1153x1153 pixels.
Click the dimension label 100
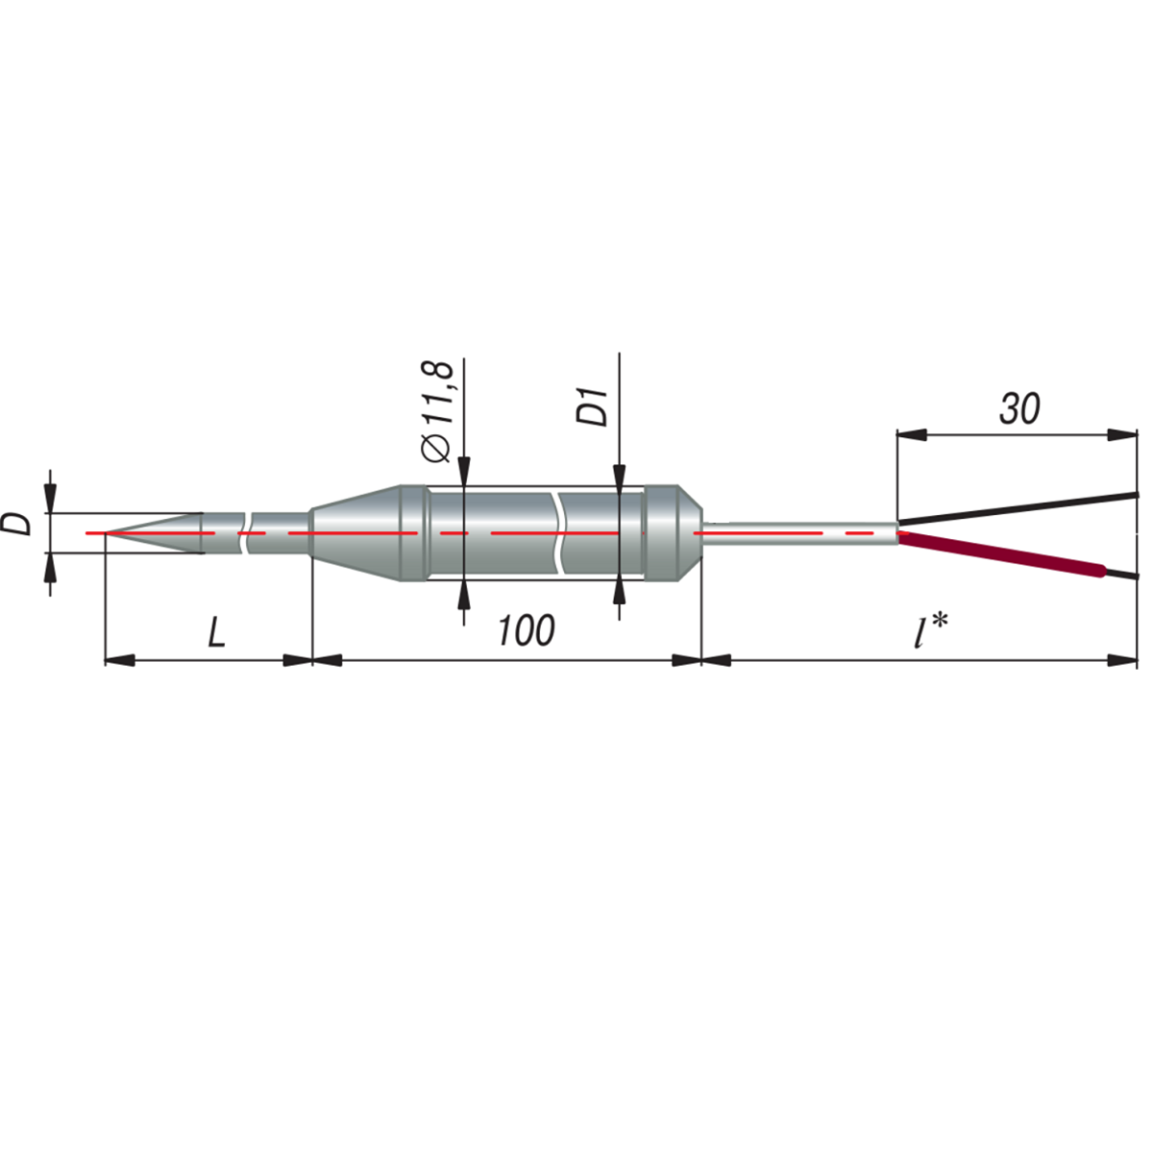[x=527, y=630]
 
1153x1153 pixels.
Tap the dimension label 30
[x=1019, y=409]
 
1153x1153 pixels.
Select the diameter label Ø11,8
[x=438, y=411]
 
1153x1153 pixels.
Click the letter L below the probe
[x=216, y=632]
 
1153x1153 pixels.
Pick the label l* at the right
[x=931, y=630]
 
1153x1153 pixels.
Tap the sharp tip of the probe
[x=106, y=532]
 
